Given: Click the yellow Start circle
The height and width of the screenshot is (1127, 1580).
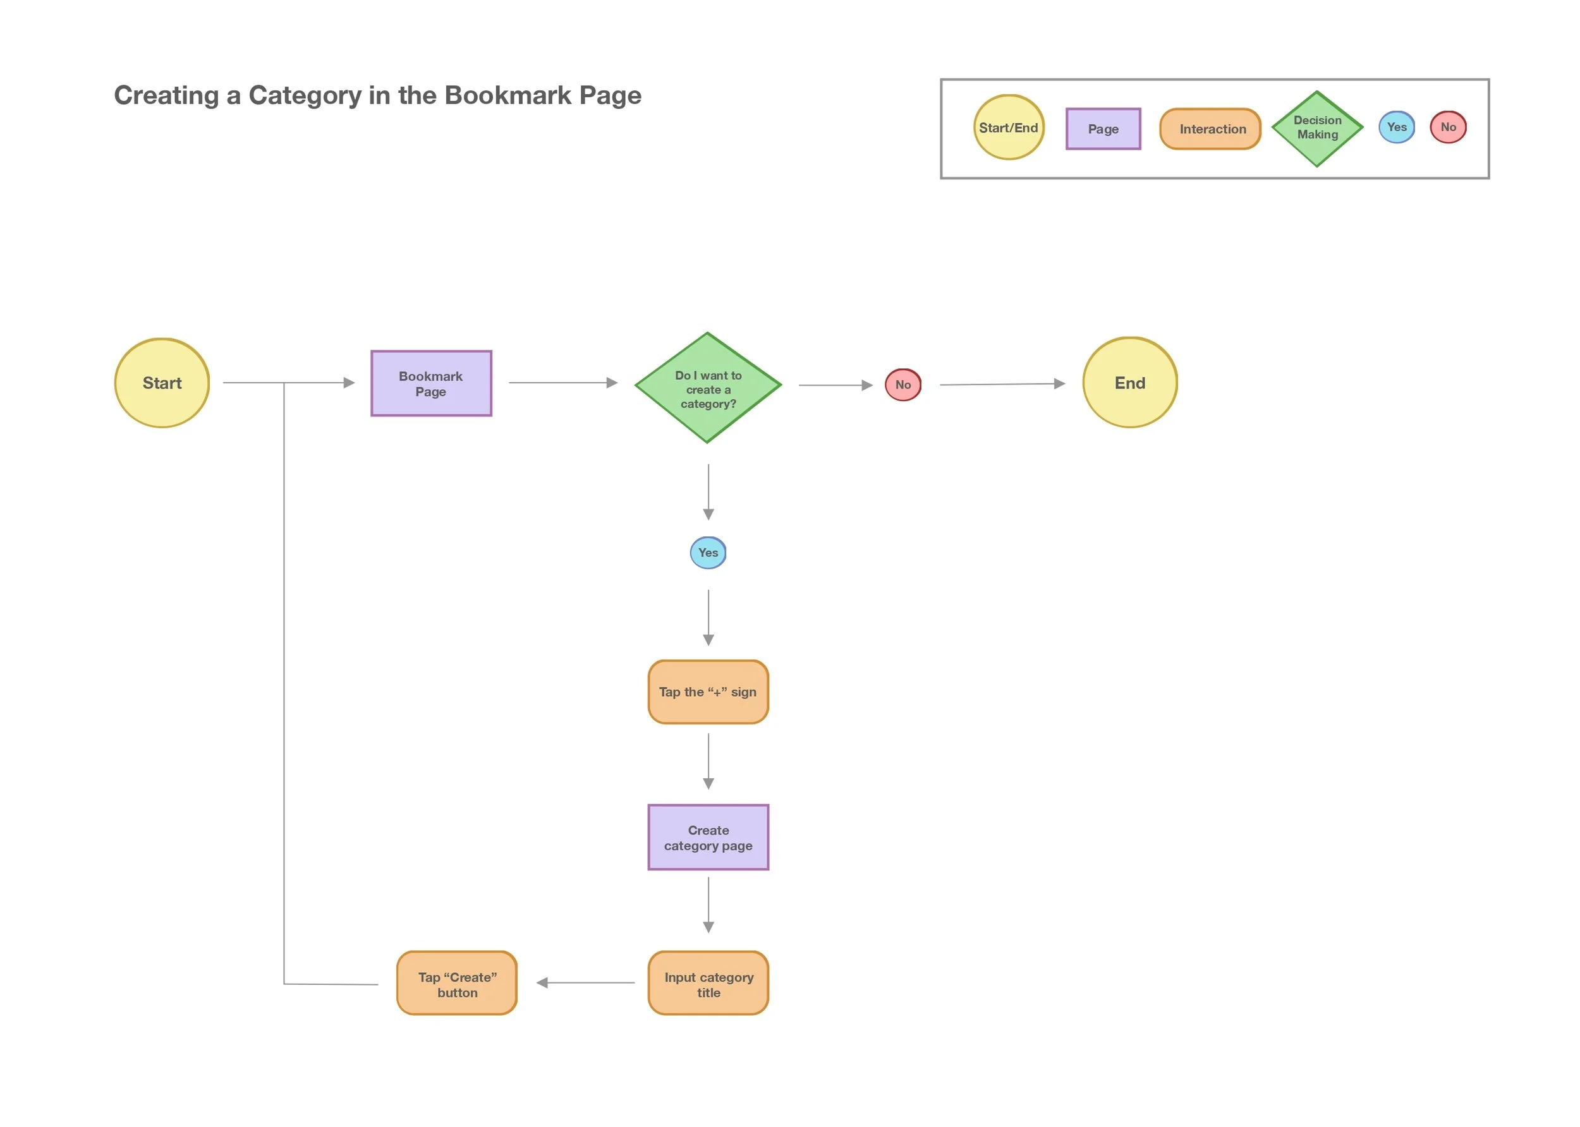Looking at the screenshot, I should pos(162,383).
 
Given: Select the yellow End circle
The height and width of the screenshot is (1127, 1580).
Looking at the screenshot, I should pos(1129,382).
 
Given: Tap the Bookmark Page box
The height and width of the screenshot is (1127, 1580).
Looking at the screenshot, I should pos(431,383).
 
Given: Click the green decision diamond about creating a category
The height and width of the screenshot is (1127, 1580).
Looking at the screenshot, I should pos(707,388).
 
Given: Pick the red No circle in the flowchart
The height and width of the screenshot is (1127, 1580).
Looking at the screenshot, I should pos(902,385).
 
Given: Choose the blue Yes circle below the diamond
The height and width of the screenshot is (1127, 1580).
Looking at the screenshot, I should pos(707,552).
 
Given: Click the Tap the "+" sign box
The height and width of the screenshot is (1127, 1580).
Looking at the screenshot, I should pos(707,692).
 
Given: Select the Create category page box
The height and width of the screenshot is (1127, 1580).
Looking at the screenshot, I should pos(707,837).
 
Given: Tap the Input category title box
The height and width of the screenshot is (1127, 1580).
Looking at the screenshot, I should pos(707,983).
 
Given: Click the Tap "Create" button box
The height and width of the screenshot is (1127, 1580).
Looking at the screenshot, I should pos(457,983).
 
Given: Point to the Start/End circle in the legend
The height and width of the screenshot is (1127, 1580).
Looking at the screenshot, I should pos(1008,128).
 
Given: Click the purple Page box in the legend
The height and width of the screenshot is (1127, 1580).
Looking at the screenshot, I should pos(1102,128).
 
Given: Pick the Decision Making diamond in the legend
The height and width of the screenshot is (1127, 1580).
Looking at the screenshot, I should pos(1317,128).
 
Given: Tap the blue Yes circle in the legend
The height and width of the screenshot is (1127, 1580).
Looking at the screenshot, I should pos(1396,127).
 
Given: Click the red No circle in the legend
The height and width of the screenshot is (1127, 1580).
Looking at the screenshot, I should pos(1447,127).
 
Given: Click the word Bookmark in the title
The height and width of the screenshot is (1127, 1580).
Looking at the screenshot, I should pos(508,95).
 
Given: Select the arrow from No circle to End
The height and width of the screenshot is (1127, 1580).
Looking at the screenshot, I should pos(1001,383).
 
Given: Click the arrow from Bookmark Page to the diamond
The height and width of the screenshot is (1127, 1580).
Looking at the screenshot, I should pos(562,382).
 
